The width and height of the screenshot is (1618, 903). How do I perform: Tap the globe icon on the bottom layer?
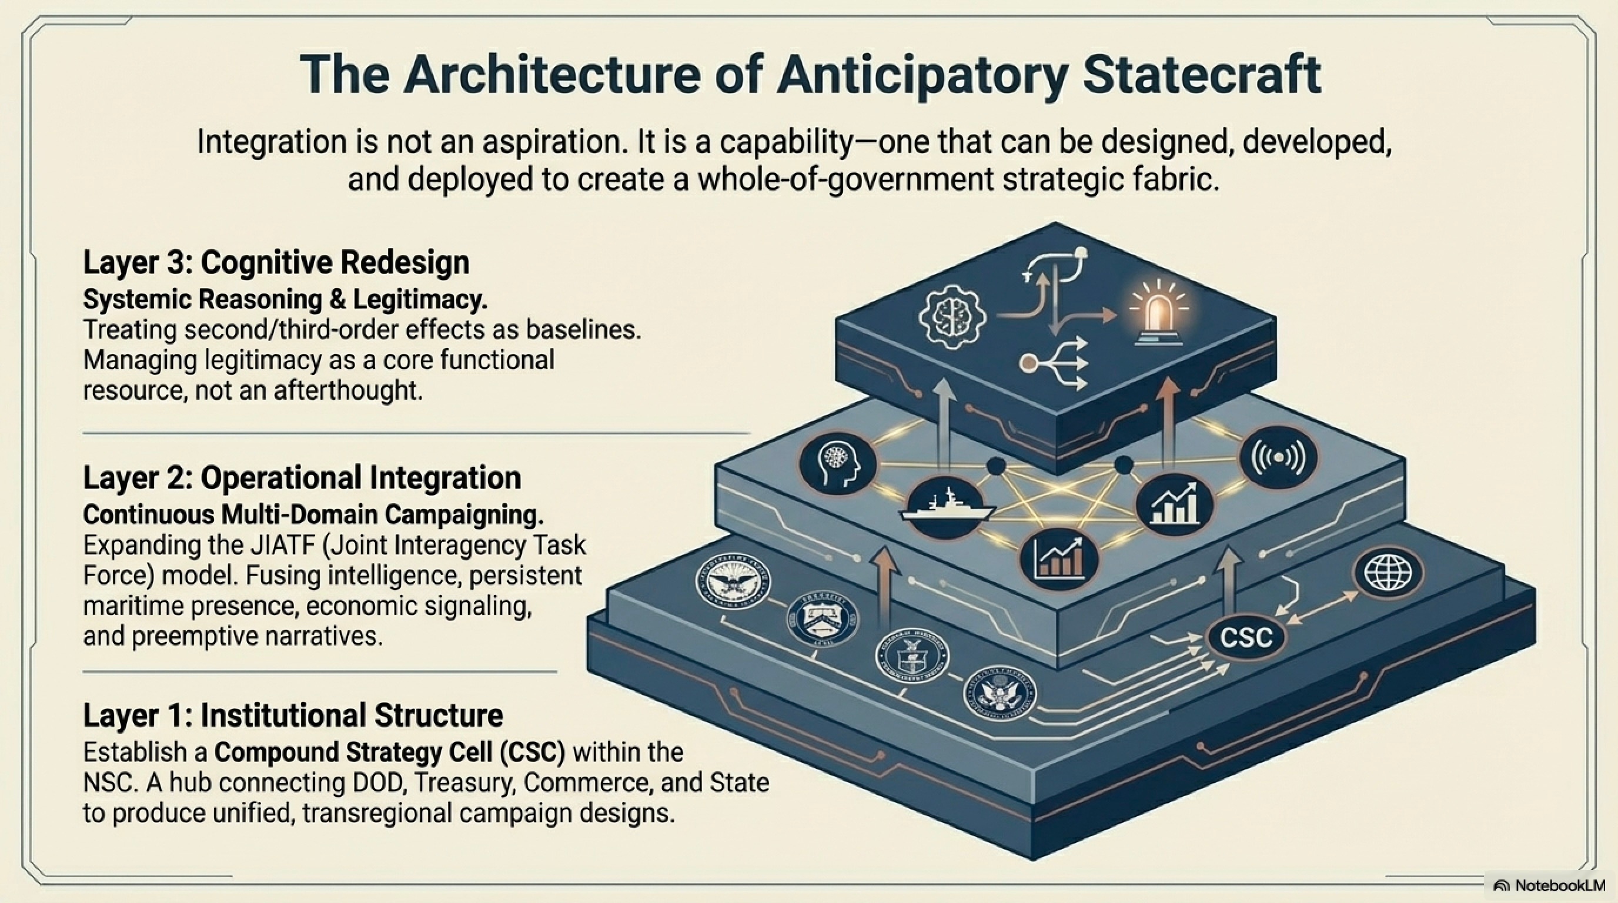point(1392,573)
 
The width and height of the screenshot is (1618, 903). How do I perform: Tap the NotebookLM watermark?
point(1547,885)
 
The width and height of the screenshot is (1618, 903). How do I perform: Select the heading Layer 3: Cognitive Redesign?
point(276,262)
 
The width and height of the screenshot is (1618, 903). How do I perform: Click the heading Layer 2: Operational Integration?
point(302,478)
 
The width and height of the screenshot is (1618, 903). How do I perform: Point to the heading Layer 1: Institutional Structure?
point(293,715)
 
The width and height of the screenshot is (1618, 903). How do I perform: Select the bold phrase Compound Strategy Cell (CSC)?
point(390,752)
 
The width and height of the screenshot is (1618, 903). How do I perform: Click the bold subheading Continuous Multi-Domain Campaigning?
point(313,514)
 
